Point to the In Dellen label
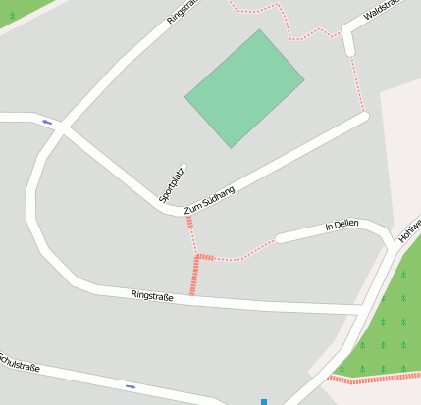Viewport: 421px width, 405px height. pyautogui.click(x=342, y=226)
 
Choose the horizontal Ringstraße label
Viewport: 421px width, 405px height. pyautogui.click(x=152, y=295)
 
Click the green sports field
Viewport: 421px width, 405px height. pyautogui.click(x=244, y=88)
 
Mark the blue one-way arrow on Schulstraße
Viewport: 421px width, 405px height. pyautogui.click(x=131, y=386)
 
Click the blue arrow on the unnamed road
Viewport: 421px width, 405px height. pyautogui.click(x=47, y=123)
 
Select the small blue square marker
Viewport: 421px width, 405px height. pyautogui.click(x=264, y=401)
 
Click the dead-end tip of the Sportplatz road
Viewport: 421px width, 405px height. pyautogui.click(x=184, y=168)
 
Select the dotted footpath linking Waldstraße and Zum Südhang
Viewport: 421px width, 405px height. pyautogui.click(x=357, y=83)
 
